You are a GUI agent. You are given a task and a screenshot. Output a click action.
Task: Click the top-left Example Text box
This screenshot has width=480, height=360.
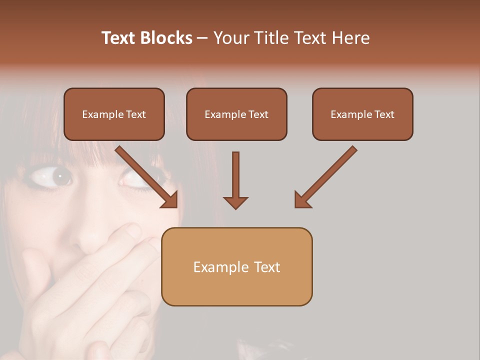tap(114, 114)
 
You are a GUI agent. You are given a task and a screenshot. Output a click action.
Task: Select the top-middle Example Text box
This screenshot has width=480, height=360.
tap(236, 114)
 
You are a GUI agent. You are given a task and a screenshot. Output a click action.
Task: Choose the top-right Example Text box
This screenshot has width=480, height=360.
tap(362, 114)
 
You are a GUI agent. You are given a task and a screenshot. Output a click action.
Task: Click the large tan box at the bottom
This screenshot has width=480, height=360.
tap(236, 266)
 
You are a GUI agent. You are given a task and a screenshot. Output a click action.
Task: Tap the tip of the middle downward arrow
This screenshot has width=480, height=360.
tap(235, 207)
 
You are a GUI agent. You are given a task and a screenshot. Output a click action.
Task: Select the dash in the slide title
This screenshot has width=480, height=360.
tap(202, 38)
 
